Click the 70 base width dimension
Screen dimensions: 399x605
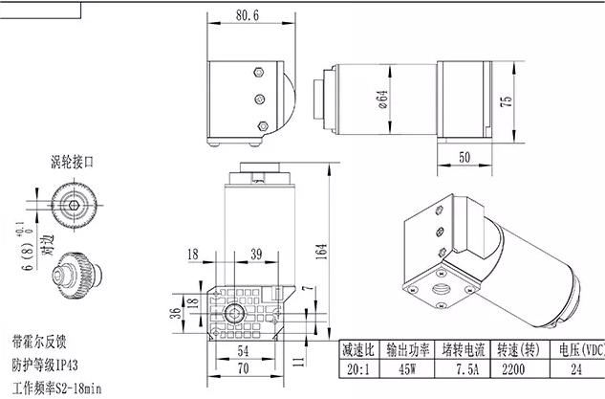pyautogui.click(x=243, y=368)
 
